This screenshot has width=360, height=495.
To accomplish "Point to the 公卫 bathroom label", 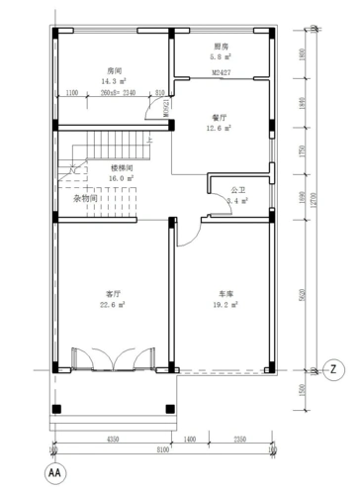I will click(x=238, y=188).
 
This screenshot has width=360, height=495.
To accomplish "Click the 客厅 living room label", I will click(x=113, y=295).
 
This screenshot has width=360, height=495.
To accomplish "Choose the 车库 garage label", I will click(x=226, y=295).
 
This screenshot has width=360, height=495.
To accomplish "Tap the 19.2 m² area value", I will click(x=228, y=305).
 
